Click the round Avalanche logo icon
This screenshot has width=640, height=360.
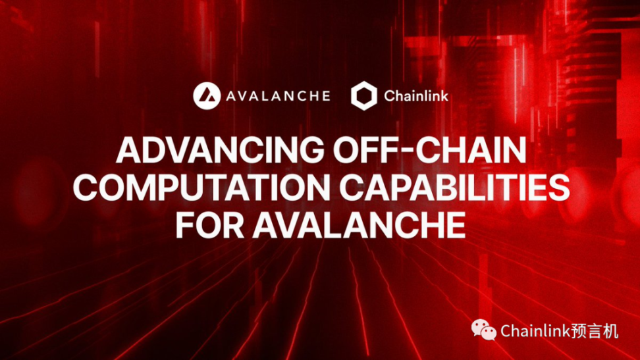pyautogui.click(x=207, y=96)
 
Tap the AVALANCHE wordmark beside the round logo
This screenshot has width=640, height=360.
pyautogui.click(x=278, y=96)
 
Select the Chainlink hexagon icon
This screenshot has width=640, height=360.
pyautogui.click(x=363, y=96)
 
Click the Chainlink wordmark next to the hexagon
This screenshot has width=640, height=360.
pyautogui.click(x=416, y=96)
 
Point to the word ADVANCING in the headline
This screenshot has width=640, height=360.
pyautogui.click(x=221, y=150)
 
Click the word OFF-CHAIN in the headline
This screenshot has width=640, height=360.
pyautogui.click(x=430, y=150)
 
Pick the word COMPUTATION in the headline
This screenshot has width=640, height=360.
pyautogui.click(x=201, y=188)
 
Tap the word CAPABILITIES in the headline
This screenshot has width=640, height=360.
pyautogui.click(x=454, y=188)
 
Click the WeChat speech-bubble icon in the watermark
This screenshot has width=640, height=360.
pyautogui.click(x=484, y=330)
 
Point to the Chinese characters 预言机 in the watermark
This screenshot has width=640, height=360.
pyautogui.click(x=595, y=331)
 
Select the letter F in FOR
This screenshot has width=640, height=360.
pyautogui.click(x=185, y=225)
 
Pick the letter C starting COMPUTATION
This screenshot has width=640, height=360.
pyautogui.click(x=86, y=188)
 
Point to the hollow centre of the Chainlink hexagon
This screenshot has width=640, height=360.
pyautogui.click(x=363, y=96)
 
